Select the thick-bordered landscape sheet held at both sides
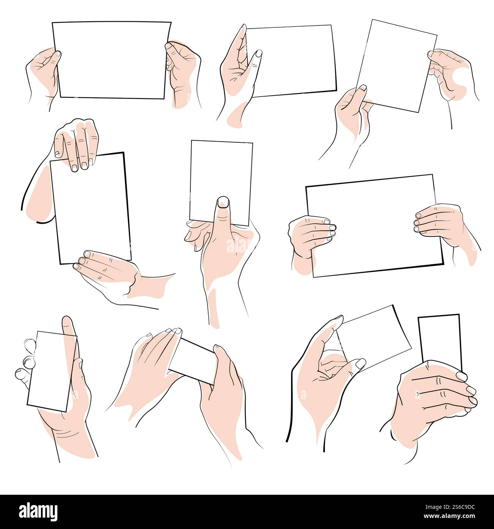tap(374, 225)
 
